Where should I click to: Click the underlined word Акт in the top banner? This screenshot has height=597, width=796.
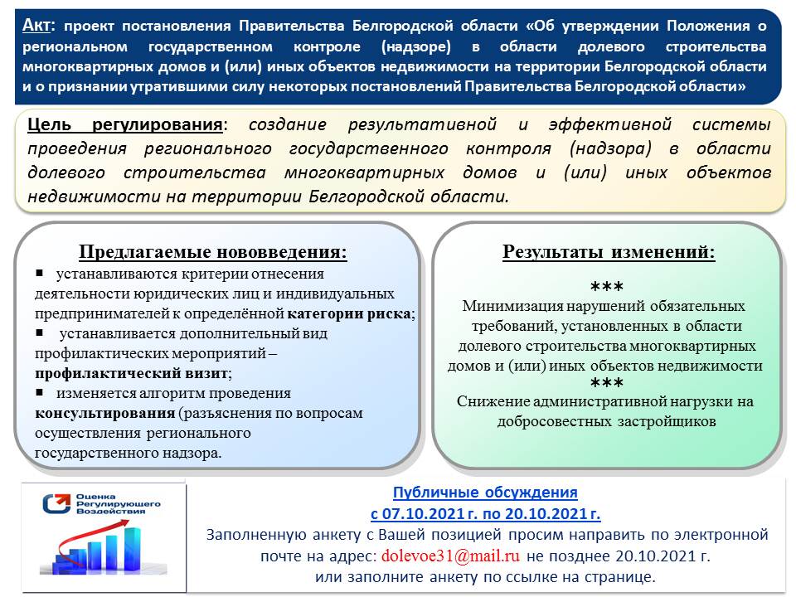click(40, 25)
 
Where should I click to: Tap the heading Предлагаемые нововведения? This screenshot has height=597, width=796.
click(213, 252)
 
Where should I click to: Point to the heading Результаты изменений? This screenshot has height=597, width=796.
click(609, 252)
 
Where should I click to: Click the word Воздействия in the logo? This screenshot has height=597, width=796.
click(109, 512)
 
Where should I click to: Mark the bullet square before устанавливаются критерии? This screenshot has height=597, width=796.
click(39, 273)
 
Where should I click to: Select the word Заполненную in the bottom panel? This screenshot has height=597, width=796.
click(250, 535)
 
